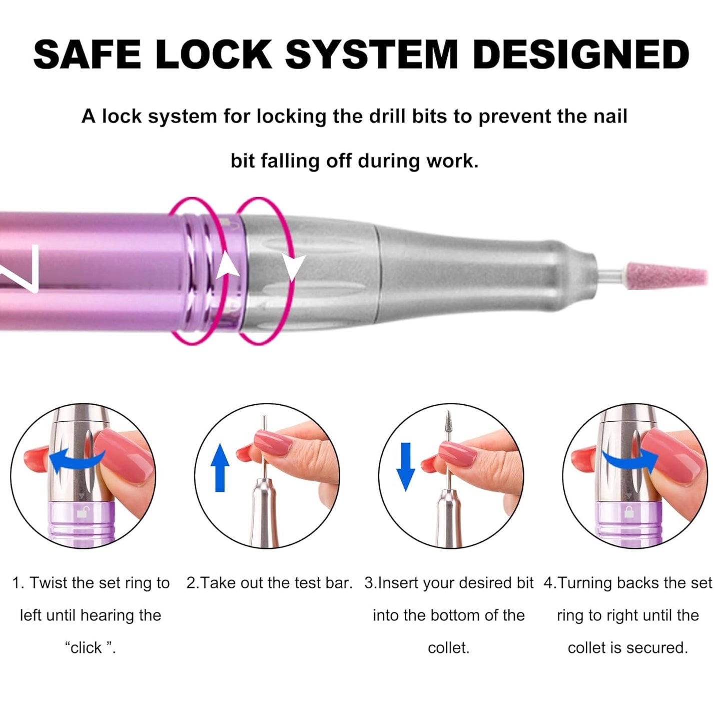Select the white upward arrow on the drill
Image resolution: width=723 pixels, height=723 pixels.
click(x=228, y=265)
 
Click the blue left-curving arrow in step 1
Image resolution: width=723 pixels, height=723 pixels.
click(x=77, y=459)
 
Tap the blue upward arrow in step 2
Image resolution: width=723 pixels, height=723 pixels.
click(x=220, y=467)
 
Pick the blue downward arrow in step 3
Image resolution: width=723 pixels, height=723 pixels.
click(x=406, y=467)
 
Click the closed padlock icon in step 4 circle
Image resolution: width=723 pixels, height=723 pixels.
click(x=629, y=512)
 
